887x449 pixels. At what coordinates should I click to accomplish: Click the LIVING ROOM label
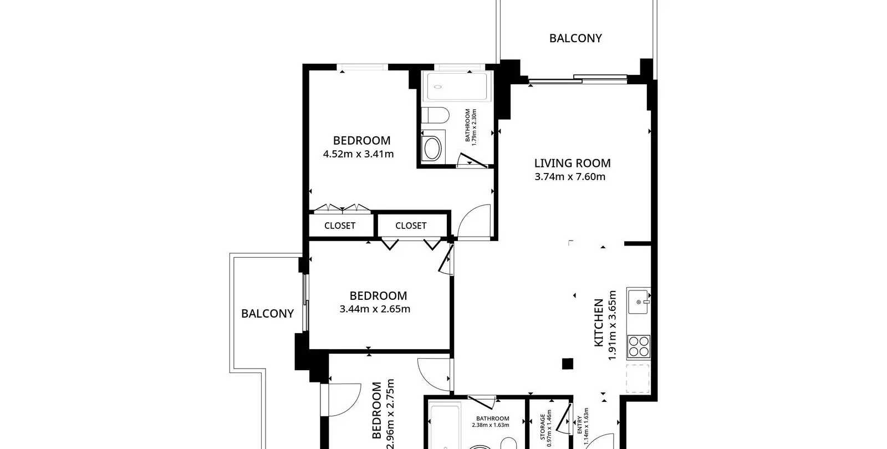[572, 163]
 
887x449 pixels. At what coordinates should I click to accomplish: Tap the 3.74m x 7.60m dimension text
[570, 177]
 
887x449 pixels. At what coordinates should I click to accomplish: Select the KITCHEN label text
[599, 323]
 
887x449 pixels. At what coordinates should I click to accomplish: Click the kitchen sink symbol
[638, 302]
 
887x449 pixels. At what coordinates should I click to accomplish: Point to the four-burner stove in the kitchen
[639, 346]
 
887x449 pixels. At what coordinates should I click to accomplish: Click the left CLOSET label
[340, 226]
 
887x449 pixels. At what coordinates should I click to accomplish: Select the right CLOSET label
[411, 226]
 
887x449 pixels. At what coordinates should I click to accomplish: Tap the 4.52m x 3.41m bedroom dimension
[358, 154]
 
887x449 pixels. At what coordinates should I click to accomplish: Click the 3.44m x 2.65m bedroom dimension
[375, 309]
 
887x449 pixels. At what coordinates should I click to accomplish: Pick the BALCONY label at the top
[575, 38]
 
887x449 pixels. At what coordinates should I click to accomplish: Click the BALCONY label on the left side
[267, 314]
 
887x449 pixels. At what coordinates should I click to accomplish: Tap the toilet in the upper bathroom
[435, 116]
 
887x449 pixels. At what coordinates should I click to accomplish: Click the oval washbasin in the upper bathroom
[432, 148]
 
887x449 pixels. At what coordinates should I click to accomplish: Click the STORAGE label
[543, 427]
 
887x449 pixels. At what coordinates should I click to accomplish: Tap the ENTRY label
[580, 425]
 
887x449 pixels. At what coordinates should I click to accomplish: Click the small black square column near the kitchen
[568, 364]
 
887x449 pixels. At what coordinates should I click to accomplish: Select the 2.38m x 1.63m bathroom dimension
[491, 425]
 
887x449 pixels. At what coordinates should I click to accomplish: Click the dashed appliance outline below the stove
[638, 379]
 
